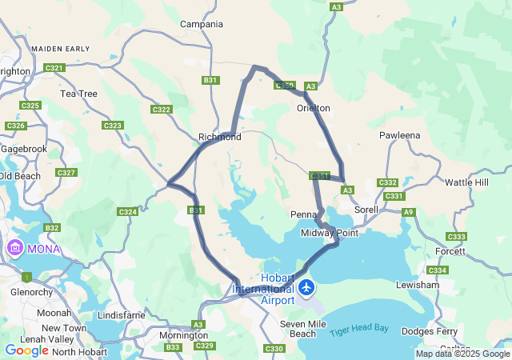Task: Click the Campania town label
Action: pyautogui.click(x=202, y=24)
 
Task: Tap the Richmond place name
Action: pyautogui.click(x=220, y=137)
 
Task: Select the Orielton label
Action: pyautogui.click(x=314, y=108)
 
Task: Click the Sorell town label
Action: pyautogui.click(x=366, y=209)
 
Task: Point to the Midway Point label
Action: pyautogui.click(x=330, y=233)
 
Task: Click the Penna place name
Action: pyautogui.click(x=304, y=214)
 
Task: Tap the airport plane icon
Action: pyautogui.click(x=306, y=286)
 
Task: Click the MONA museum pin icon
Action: pyautogui.click(x=14, y=249)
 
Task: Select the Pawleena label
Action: pyautogui.click(x=400, y=135)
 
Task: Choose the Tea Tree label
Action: pyautogui.click(x=78, y=94)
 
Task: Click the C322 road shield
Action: pyautogui.click(x=161, y=110)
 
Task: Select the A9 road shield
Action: pyautogui.click(x=409, y=212)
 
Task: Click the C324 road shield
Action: pyautogui.click(x=127, y=212)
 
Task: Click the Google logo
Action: pyautogui.click(x=26, y=350)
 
